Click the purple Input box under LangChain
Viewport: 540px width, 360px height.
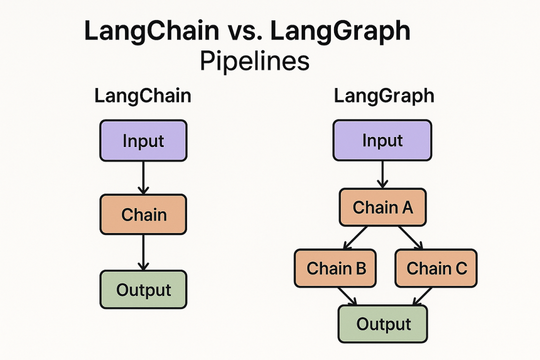point(143,140)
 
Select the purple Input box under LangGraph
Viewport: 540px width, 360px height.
point(382,140)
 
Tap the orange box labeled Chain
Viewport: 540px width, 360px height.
point(143,215)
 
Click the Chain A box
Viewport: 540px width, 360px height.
point(382,207)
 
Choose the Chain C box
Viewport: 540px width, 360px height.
point(436,268)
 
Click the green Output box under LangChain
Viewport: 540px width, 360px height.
point(143,289)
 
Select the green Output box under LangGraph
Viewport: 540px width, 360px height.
point(383,323)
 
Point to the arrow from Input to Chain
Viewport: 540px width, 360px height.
point(143,177)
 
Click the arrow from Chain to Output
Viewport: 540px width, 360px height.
point(143,252)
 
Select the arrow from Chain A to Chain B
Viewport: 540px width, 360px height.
point(356,237)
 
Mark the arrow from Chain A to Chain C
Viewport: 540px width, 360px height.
point(410,237)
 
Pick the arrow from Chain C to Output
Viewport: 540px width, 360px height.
point(421,296)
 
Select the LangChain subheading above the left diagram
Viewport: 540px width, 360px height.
point(142,96)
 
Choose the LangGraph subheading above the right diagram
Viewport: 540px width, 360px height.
point(384,96)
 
